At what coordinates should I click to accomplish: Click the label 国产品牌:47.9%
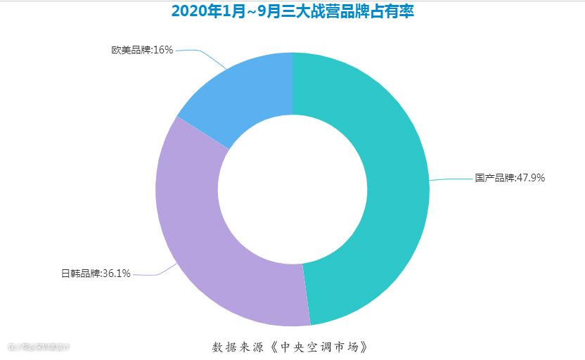[510, 178]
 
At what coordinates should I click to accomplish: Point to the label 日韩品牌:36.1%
[96, 274]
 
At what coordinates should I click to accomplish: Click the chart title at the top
[292, 11]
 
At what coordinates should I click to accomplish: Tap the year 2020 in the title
[187, 11]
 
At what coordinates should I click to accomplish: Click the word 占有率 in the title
[394, 11]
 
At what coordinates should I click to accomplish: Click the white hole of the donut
[292, 189]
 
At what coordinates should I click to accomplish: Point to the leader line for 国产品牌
[450, 179]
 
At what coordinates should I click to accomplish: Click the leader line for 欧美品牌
[204, 54]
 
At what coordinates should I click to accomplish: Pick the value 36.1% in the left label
[117, 274]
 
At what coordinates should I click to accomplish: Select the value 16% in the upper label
[163, 50]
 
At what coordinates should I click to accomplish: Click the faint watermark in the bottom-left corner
[39, 347]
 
